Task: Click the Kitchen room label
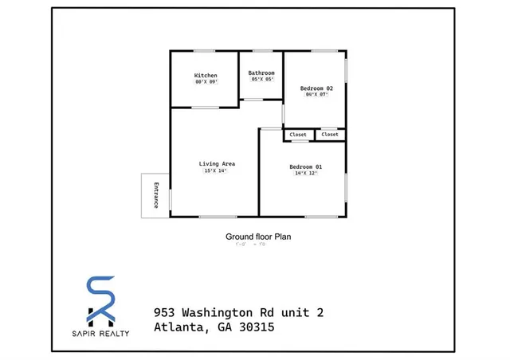206,76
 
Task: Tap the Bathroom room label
261,72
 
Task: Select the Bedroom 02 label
316,88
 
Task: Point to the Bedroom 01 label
305,166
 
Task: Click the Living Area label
217,164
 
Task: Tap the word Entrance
156,196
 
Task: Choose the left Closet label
298,135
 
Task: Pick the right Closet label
330,135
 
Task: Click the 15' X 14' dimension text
217,170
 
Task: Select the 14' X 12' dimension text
305,174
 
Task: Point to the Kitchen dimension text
206,82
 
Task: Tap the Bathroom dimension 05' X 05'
261,79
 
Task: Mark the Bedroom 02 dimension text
316,94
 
